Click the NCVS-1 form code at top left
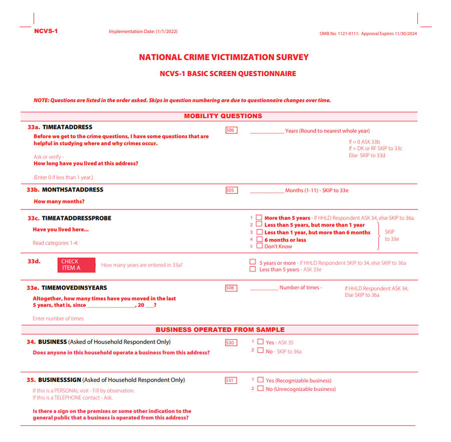click(46, 31)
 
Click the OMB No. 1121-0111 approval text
click(368, 34)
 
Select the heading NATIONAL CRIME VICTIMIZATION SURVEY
click(223, 58)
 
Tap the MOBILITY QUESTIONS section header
click(223, 116)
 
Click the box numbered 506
click(231, 130)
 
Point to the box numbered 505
click(231, 190)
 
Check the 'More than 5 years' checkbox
click(259, 218)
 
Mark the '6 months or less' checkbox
click(259, 240)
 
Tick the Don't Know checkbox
click(259, 246)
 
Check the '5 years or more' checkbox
click(253, 262)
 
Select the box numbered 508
click(231, 288)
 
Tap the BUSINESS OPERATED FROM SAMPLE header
click(220, 330)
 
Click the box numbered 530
click(231, 343)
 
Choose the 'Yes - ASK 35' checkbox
click(260, 342)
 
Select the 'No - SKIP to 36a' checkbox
click(260, 351)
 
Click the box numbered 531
click(231, 380)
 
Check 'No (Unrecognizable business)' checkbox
click(260, 389)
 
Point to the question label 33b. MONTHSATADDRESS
click(65, 190)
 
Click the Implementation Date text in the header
click(143, 32)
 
